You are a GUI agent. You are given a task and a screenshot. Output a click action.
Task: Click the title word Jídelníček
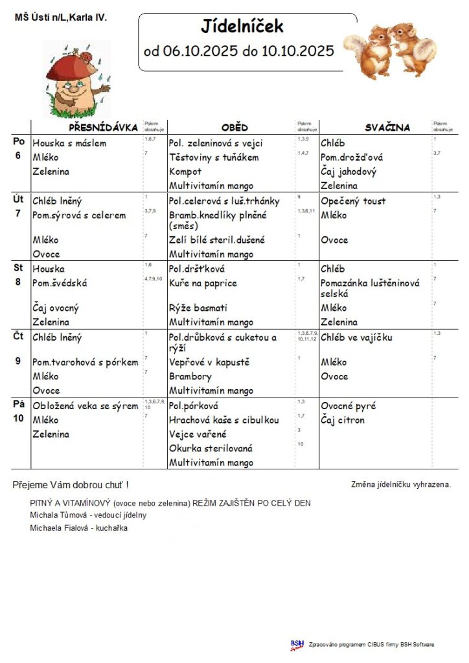242,27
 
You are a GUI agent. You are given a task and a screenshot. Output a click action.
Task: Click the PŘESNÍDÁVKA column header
104,128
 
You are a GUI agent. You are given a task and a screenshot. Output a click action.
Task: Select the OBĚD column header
234,128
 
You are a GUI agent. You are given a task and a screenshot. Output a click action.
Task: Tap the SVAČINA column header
387,128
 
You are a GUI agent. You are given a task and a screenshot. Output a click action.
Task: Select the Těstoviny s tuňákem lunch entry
214,157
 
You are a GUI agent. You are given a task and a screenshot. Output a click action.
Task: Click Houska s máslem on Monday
69,143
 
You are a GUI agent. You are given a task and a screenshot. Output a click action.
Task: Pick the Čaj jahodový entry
348,172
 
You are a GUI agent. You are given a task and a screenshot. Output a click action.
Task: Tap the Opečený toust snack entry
352,201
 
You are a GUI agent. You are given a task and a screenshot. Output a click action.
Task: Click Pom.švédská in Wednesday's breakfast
60,283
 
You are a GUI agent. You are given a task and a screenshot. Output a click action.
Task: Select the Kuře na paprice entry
203,283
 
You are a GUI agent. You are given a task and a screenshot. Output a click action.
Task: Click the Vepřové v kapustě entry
209,362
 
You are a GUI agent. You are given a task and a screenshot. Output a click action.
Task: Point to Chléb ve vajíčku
356,337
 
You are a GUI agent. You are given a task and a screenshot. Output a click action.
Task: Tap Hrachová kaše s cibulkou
223,420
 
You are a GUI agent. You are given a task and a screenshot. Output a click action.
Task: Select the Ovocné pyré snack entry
349,406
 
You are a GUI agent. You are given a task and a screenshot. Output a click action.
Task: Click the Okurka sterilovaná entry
211,448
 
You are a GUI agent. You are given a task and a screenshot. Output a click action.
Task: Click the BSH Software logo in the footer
297,644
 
